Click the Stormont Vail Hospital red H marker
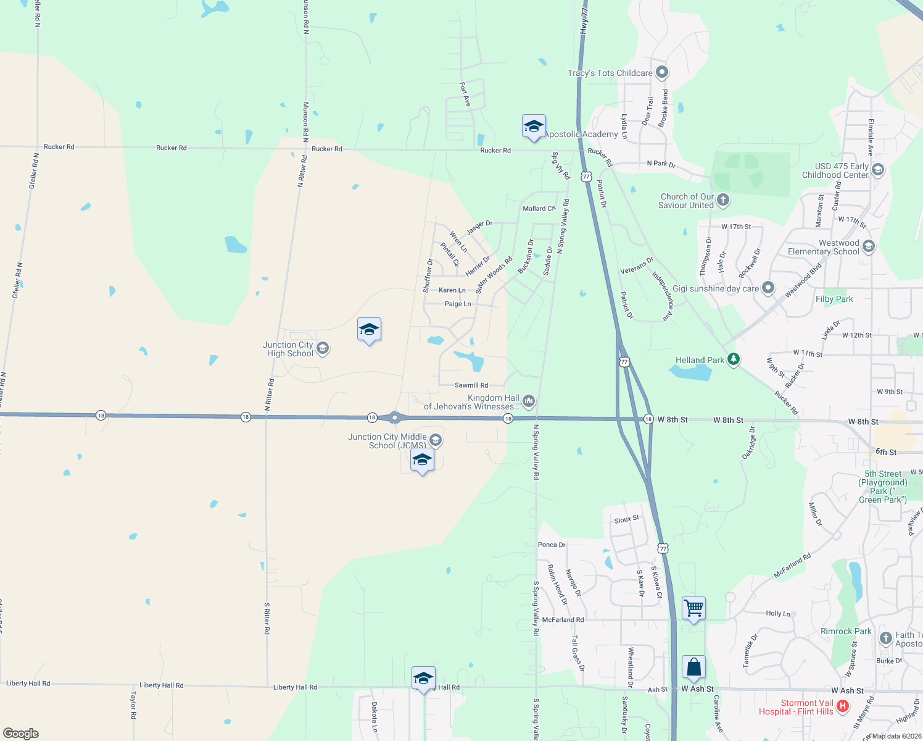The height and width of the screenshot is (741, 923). point(843,706)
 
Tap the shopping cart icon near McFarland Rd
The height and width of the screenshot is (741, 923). point(693,608)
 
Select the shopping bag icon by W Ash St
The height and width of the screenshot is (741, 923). point(693,668)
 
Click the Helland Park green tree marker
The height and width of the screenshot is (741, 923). point(733,359)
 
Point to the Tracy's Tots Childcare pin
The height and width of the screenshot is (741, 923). point(662,72)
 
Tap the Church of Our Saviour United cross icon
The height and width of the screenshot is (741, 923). point(723,200)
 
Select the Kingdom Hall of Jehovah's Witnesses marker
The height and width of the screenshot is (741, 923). point(529,401)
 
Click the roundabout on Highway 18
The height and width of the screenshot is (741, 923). point(395,418)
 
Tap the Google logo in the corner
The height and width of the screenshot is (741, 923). point(21,734)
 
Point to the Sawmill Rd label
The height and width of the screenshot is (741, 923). point(471,385)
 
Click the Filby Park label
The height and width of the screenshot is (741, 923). point(834,299)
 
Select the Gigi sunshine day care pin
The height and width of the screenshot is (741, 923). point(768,288)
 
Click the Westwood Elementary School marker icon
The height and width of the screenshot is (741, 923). point(868,246)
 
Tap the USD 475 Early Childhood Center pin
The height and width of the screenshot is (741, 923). point(878,170)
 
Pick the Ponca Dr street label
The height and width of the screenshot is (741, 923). point(552,545)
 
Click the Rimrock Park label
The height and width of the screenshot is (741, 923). point(846,631)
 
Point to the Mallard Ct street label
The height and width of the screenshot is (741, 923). point(539,209)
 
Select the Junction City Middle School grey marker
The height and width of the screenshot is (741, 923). point(436,440)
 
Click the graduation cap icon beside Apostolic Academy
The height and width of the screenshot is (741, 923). point(534,127)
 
